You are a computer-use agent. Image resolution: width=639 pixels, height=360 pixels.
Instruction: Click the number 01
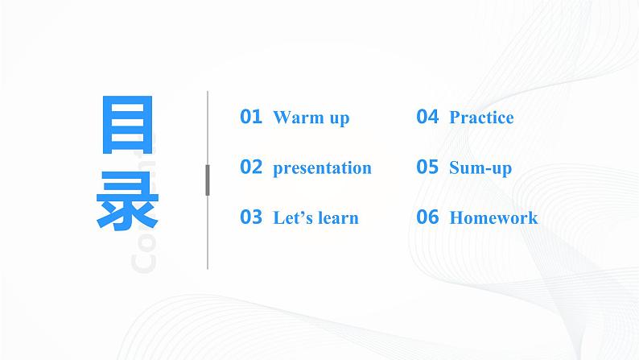pos(251,117)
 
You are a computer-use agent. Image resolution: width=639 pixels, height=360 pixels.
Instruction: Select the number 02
pos(251,168)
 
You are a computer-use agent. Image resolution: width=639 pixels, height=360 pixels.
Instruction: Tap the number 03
pos(251,217)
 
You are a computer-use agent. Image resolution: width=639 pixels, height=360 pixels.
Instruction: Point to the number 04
pos(427,117)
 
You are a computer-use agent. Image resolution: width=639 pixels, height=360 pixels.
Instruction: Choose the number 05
pos(427,168)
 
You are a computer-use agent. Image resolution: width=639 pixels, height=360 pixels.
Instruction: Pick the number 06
pos(427,217)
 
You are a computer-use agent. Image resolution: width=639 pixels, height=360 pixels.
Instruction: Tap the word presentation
pos(322,168)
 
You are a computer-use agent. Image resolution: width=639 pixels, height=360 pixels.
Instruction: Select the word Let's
pos(291,218)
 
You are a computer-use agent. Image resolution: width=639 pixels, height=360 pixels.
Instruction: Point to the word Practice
pos(481,118)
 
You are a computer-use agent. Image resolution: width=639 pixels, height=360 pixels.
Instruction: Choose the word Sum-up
pos(480,168)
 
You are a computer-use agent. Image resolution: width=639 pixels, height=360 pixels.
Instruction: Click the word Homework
pos(493,218)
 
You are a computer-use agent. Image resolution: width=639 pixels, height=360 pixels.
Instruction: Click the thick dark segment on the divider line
pos(208,180)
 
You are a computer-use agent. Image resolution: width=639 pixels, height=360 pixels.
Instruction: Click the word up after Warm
pos(339,118)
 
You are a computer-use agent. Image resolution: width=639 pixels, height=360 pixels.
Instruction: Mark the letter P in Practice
pos(455,118)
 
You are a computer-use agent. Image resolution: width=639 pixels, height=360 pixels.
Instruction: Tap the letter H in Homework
pos(456,218)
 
